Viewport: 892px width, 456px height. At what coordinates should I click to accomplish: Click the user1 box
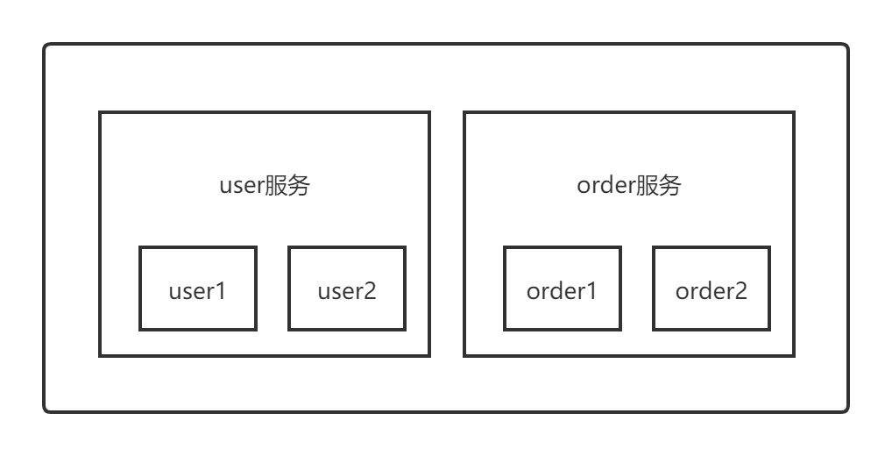coord(197,289)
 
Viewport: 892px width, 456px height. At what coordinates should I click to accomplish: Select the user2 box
coord(346,289)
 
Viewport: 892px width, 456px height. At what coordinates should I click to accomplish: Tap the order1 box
coord(562,289)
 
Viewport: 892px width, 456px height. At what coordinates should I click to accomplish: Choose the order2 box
coord(711,289)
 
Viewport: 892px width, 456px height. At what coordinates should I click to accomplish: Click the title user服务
coord(264,186)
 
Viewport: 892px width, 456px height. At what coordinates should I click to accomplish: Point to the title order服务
coord(628,186)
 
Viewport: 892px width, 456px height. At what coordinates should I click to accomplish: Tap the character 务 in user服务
coord(298,186)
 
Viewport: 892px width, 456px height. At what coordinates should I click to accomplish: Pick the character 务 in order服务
coord(669,186)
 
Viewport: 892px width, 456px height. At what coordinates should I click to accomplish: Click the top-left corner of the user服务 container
coord(100,112)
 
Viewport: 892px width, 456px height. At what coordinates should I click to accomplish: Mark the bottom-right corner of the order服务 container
coord(793,355)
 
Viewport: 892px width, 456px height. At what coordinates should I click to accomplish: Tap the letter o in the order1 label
coord(533,292)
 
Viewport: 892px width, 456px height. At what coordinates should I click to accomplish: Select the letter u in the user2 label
coord(323,292)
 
